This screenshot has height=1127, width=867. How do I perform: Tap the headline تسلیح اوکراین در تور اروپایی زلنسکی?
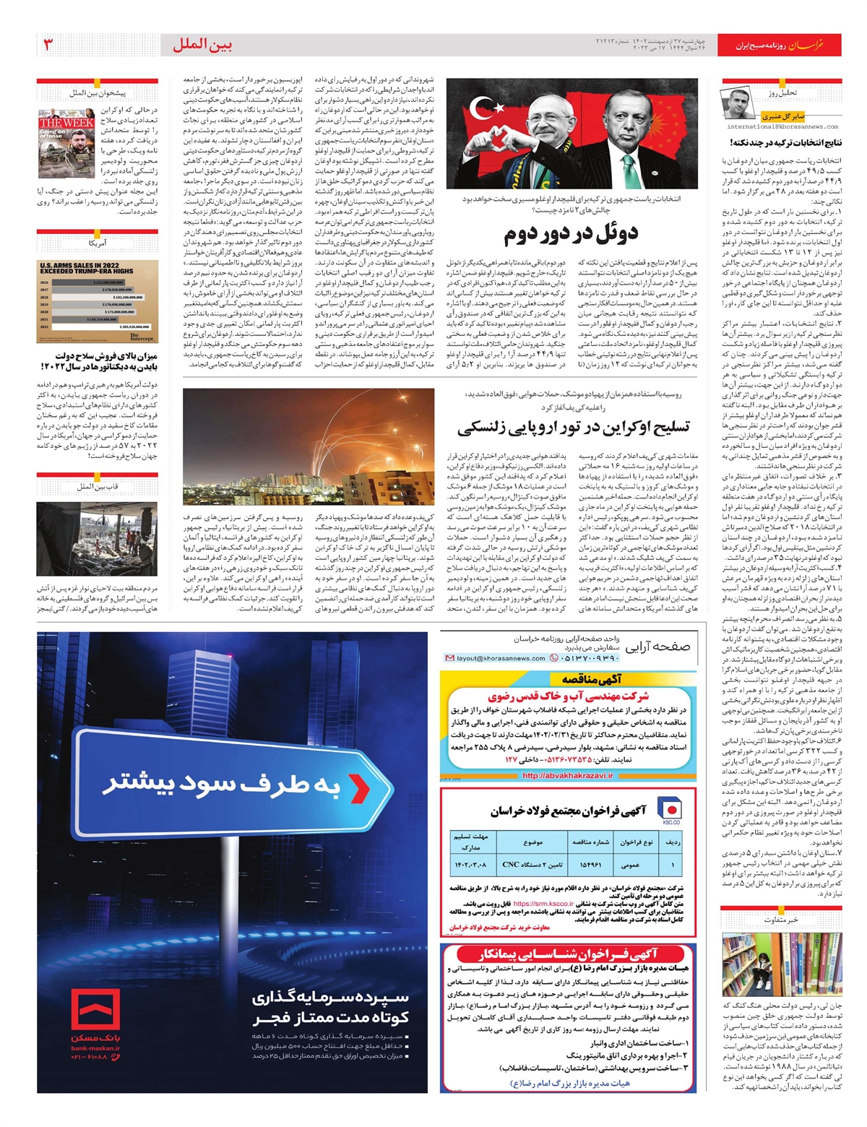point(572,427)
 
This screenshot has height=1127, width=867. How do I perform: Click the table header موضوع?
point(533,842)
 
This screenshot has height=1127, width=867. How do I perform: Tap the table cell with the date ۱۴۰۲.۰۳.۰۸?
point(470,864)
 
